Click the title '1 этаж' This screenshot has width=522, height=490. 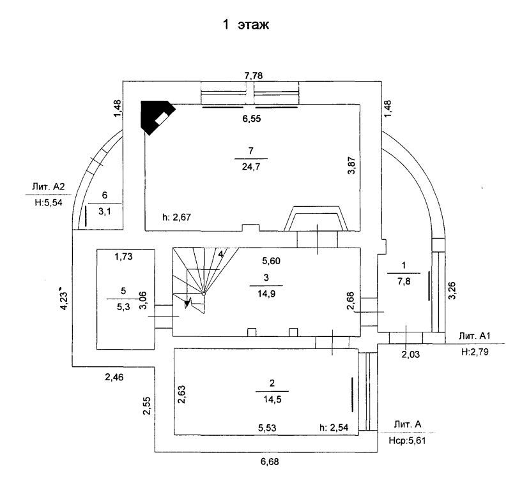(246, 25)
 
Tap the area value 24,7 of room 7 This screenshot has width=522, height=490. (251, 167)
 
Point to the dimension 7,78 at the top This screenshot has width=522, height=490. (254, 76)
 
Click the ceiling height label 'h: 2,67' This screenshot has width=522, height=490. (176, 217)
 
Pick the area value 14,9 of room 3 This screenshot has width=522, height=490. (266, 294)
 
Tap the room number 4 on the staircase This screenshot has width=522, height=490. (220, 254)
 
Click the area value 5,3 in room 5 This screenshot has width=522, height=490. (123, 307)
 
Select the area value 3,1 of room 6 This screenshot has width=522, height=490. (105, 211)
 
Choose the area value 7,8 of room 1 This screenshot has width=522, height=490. (404, 281)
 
